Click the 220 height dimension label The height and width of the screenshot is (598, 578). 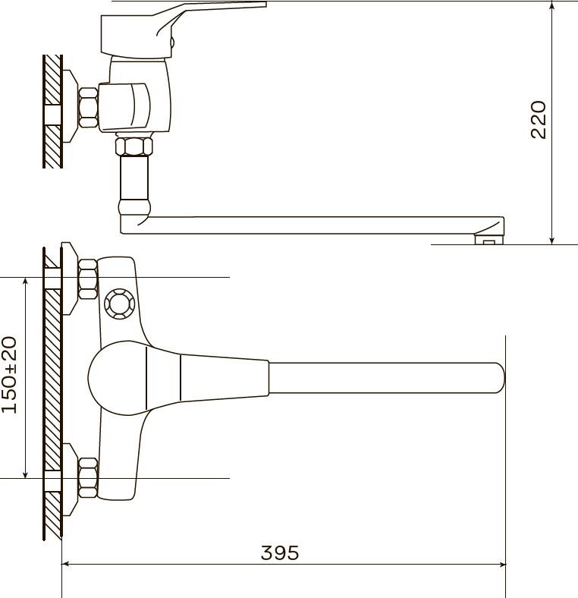(x=539, y=119)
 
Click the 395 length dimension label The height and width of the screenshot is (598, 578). (x=280, y=552)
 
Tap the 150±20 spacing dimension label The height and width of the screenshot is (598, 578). (x=9, y=375)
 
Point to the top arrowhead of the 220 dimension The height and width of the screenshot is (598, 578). (x=551, y=6)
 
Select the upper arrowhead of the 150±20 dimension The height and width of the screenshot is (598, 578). (x=25, y=282)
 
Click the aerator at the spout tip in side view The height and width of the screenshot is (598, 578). (x=488, y=240)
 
